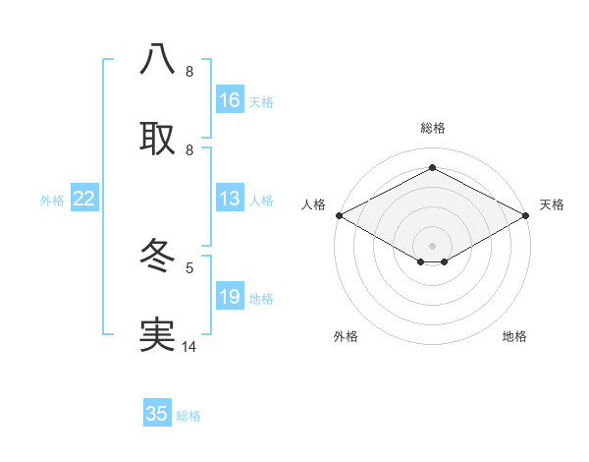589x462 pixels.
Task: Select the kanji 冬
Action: point(157,258)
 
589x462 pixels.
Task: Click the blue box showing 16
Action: point(230,100)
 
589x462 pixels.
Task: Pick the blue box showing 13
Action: point(230,199)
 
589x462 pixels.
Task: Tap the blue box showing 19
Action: point(230,297)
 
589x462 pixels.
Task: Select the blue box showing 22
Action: point(84,199)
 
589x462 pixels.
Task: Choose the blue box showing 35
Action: point(157,414)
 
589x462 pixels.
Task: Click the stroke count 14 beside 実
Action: point(189,347)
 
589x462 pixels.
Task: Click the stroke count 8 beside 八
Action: point(189,72)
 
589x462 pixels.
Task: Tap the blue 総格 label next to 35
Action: point(188,416)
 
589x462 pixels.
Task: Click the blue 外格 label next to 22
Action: point(52,201)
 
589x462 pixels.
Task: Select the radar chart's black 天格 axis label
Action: point(552,204)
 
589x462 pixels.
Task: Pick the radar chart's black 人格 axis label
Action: point(313,204)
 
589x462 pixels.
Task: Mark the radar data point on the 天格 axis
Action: point(527,215)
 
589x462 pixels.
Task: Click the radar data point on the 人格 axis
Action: point(339,215)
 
